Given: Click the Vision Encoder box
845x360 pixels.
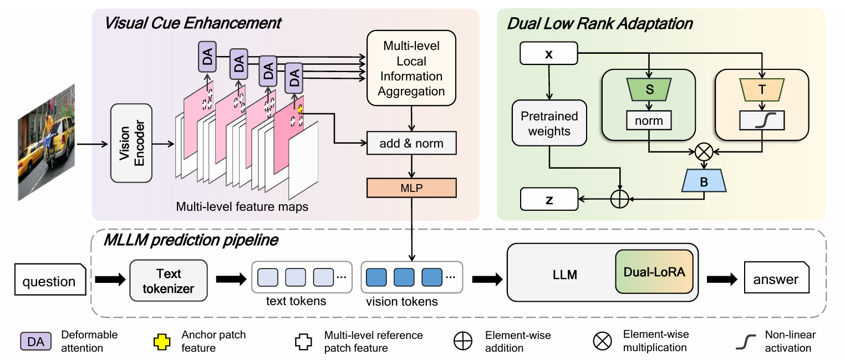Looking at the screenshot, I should click(x=131, y=143).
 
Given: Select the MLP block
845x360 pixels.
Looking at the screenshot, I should click(x=411, y=188).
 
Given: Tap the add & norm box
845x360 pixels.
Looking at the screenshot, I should click(x=411, y=144).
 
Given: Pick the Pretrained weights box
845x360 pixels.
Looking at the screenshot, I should click(x=549, y=124).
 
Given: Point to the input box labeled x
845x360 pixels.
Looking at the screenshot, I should click(x=549, y=54).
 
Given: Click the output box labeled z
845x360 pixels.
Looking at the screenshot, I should click(x=549, y=199).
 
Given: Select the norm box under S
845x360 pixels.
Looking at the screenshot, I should click(x=648, y=120).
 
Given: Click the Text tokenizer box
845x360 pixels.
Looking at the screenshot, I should click(x=169, y=281).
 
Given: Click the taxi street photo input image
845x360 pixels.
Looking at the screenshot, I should click(x=46, y=141).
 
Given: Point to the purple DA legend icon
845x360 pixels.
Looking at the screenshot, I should click(x=35, y=341).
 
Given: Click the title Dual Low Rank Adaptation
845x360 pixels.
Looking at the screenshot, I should click(x=599, y=24).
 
